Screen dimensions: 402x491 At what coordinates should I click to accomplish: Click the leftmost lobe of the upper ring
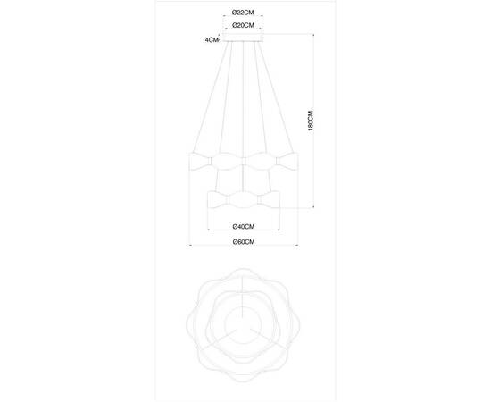click(x=198, y=163)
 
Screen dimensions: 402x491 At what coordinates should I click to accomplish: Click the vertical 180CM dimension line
click(x=314, y=122)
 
